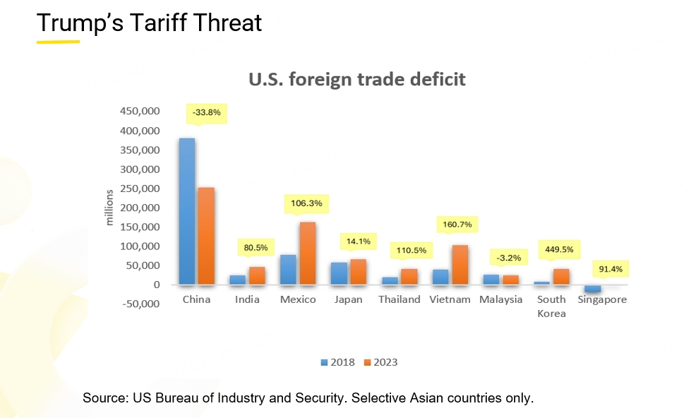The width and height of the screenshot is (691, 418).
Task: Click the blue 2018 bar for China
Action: [x=187, y=212]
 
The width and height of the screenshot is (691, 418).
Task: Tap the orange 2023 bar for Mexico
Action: [x=308, y=254]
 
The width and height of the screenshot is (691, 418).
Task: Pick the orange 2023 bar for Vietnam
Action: [x=460, y=265]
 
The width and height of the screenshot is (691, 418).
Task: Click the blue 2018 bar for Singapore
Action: [x=593, y=289]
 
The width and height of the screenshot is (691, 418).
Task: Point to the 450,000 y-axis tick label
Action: [x=140, y=112]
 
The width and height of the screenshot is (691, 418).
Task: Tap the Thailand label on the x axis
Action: [x=399, y=299]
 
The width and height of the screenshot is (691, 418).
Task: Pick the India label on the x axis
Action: [x=247, y=299]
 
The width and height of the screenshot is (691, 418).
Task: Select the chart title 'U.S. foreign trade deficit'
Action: [x=357, y=79]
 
